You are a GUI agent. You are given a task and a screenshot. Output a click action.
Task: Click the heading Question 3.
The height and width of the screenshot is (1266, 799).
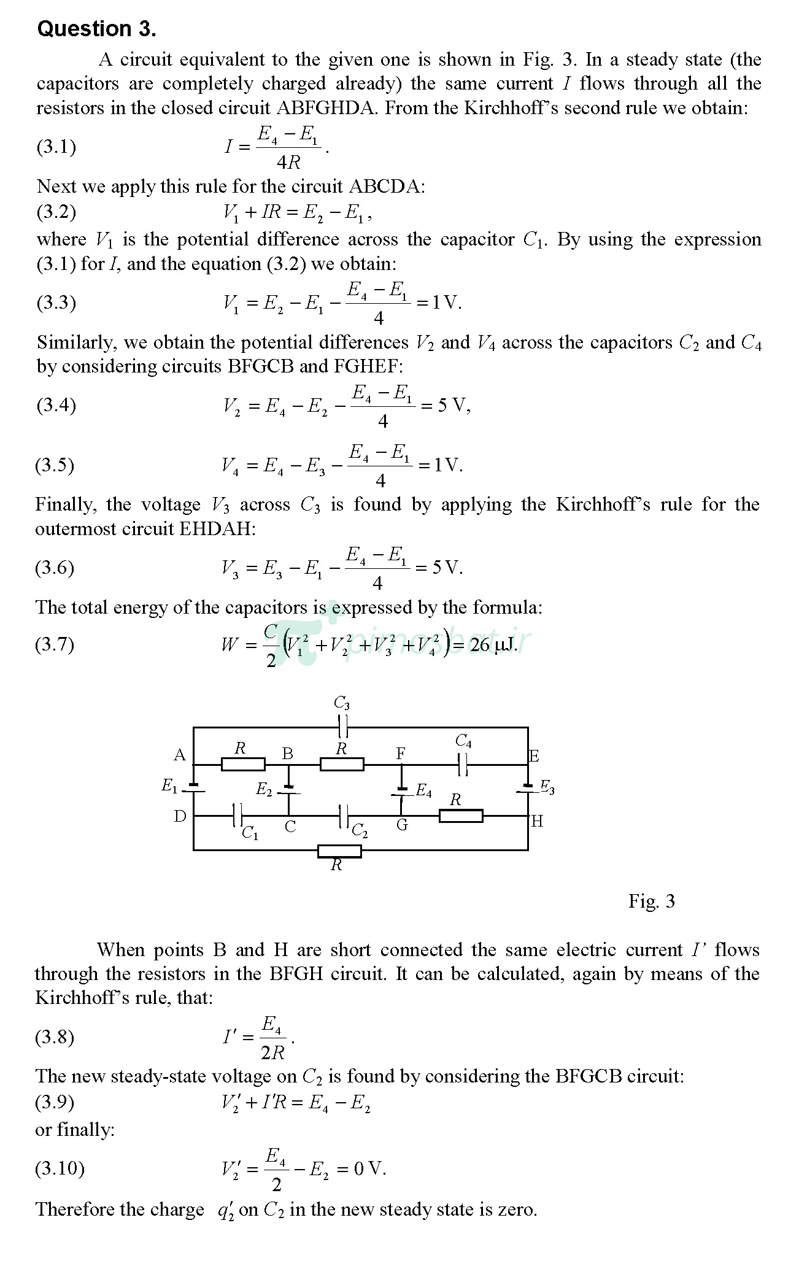(x=97, y=29)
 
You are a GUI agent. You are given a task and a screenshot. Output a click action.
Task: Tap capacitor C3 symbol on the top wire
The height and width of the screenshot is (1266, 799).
(x=343, y=727)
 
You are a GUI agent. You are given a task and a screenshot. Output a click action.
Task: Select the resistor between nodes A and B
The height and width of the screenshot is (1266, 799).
(x=243, y=764)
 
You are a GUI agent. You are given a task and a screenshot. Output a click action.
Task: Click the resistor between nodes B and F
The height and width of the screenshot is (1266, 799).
(x=342, y=764)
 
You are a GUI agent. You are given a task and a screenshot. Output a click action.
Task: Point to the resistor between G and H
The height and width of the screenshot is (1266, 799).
(x=461, y=816)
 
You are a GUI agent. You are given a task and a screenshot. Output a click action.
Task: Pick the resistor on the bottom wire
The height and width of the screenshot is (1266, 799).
(x=339, y=851)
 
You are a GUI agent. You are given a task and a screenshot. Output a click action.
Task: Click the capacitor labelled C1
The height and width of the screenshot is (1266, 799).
(x=238, y=816)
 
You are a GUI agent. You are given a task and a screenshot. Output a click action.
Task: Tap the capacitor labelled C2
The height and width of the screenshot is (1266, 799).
(x=344, y=816)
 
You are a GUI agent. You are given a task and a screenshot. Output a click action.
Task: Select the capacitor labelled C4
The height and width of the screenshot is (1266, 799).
(x=463, y=765)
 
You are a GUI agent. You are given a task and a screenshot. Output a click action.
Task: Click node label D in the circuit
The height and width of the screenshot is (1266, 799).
(x=180, y=816)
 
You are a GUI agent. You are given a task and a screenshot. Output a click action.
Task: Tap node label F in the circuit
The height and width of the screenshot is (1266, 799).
(x=401, y=753)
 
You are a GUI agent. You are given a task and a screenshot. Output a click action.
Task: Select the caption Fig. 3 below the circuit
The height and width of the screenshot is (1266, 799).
(x=651, y=901)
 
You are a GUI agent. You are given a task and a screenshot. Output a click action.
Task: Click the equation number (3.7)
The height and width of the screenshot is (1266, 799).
(x=55, y=644)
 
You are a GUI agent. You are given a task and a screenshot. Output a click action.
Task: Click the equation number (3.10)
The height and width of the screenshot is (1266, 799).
(x=60, y=1167)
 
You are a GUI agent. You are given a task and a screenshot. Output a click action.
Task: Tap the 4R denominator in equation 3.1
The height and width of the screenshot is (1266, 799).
(x=288, y=163)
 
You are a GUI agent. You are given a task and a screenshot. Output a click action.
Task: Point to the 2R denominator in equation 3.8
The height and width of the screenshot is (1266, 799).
(x=272, y=1052)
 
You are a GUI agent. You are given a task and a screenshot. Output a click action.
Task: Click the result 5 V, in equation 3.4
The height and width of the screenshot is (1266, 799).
(x=454, y=406)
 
